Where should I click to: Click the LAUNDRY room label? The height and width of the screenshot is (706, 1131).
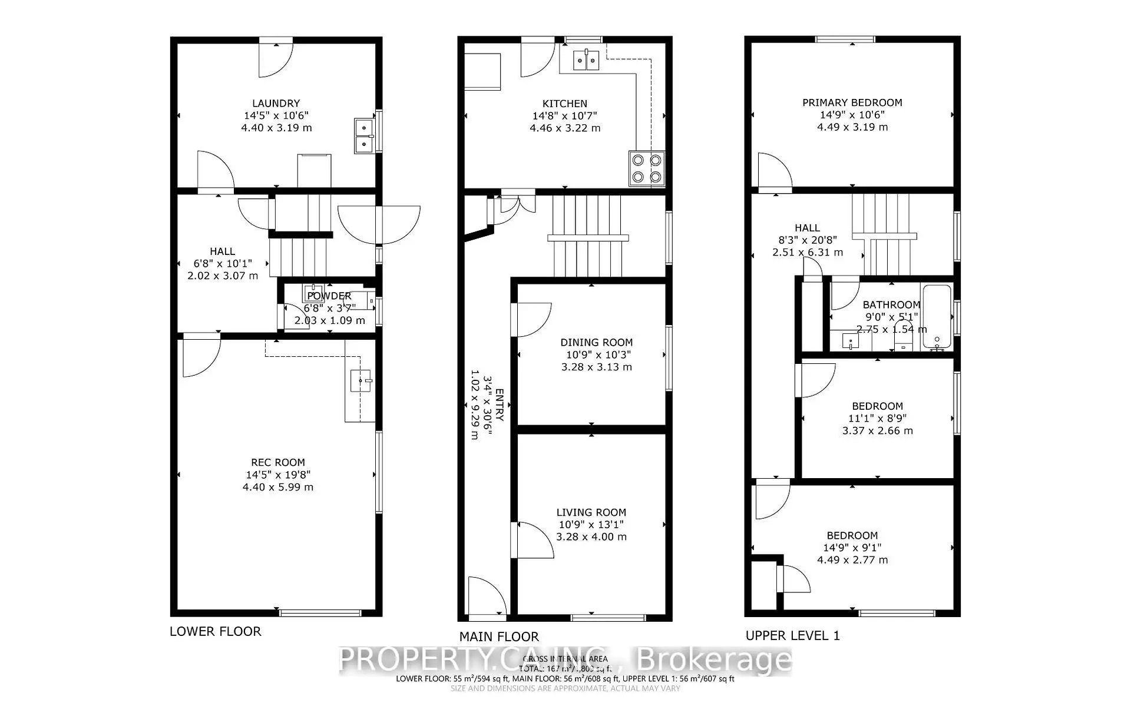276,103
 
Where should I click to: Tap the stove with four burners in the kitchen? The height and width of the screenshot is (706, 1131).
647,168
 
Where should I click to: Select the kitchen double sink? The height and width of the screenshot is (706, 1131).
586,59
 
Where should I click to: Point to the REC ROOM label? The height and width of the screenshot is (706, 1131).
278,463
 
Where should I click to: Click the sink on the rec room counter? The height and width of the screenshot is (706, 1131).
360,381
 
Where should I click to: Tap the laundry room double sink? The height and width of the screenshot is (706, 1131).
364,135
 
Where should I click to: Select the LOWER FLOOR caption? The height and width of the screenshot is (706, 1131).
215,632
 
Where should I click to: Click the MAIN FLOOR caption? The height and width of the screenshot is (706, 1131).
499,637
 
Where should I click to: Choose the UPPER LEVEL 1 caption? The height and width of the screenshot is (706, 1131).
792,636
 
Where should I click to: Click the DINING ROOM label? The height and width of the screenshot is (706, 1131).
596,343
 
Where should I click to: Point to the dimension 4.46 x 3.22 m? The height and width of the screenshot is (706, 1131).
565,128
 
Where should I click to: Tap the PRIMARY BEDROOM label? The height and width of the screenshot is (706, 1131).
852,102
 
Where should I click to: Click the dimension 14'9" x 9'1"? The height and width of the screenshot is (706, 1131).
852,548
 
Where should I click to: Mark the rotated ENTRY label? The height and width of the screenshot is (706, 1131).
500,405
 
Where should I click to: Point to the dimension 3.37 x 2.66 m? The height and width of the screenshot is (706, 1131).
877,431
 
